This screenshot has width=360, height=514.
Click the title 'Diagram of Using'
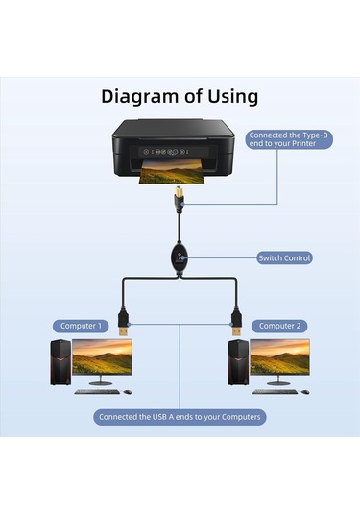(x=180, y=96)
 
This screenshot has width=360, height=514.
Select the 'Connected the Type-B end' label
(x=288, y=141)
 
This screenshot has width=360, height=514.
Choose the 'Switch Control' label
(x=285, y=257)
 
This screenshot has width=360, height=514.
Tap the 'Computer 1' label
(x=80, y=326)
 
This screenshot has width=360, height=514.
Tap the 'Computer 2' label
(x=279, y=326)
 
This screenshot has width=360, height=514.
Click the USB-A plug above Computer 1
(x=124, y=320)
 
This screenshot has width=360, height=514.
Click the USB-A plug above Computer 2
(x=235, y=320)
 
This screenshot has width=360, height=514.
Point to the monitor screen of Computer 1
(x=101, y=358)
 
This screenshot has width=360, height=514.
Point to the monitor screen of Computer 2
(x=279, y=358)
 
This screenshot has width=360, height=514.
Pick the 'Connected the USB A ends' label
(x=180, y=417)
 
